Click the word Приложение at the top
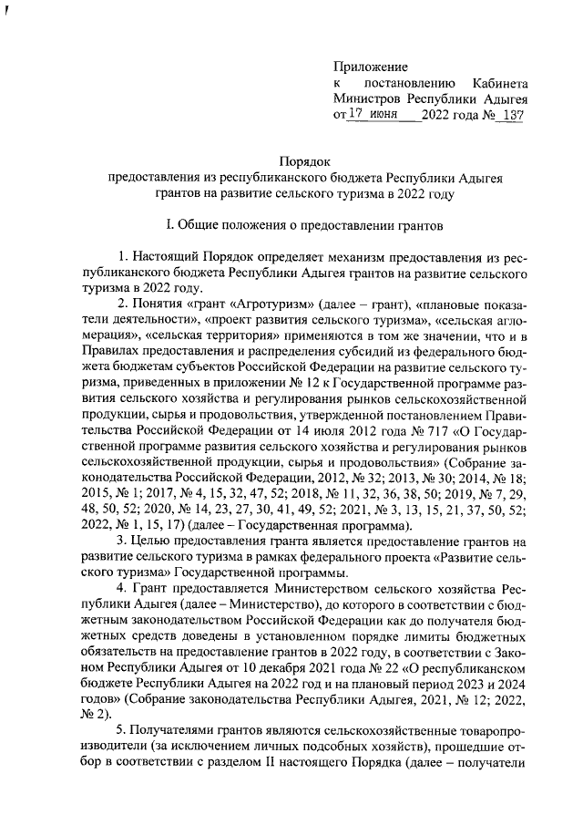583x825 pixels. (x=370, y=67)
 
